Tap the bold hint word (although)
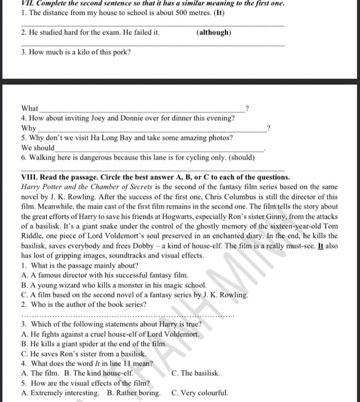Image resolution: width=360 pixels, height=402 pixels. click(x=214, y=33)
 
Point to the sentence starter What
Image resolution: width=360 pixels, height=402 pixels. click(x=30, y=108)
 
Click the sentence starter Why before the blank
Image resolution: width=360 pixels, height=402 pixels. click(x=29, y=128)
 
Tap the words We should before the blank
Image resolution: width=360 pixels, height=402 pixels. click(x=38, y=148)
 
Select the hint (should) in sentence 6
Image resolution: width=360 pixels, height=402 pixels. click(x=242, y=158)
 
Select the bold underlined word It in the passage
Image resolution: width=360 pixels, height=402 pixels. click(x=320, y=246)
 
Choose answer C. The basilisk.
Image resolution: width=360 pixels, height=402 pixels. click(x=196, y=373)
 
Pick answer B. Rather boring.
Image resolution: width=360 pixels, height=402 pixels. click(x=134, y=393)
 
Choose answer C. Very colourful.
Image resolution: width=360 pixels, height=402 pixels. click(x=200, y=393)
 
